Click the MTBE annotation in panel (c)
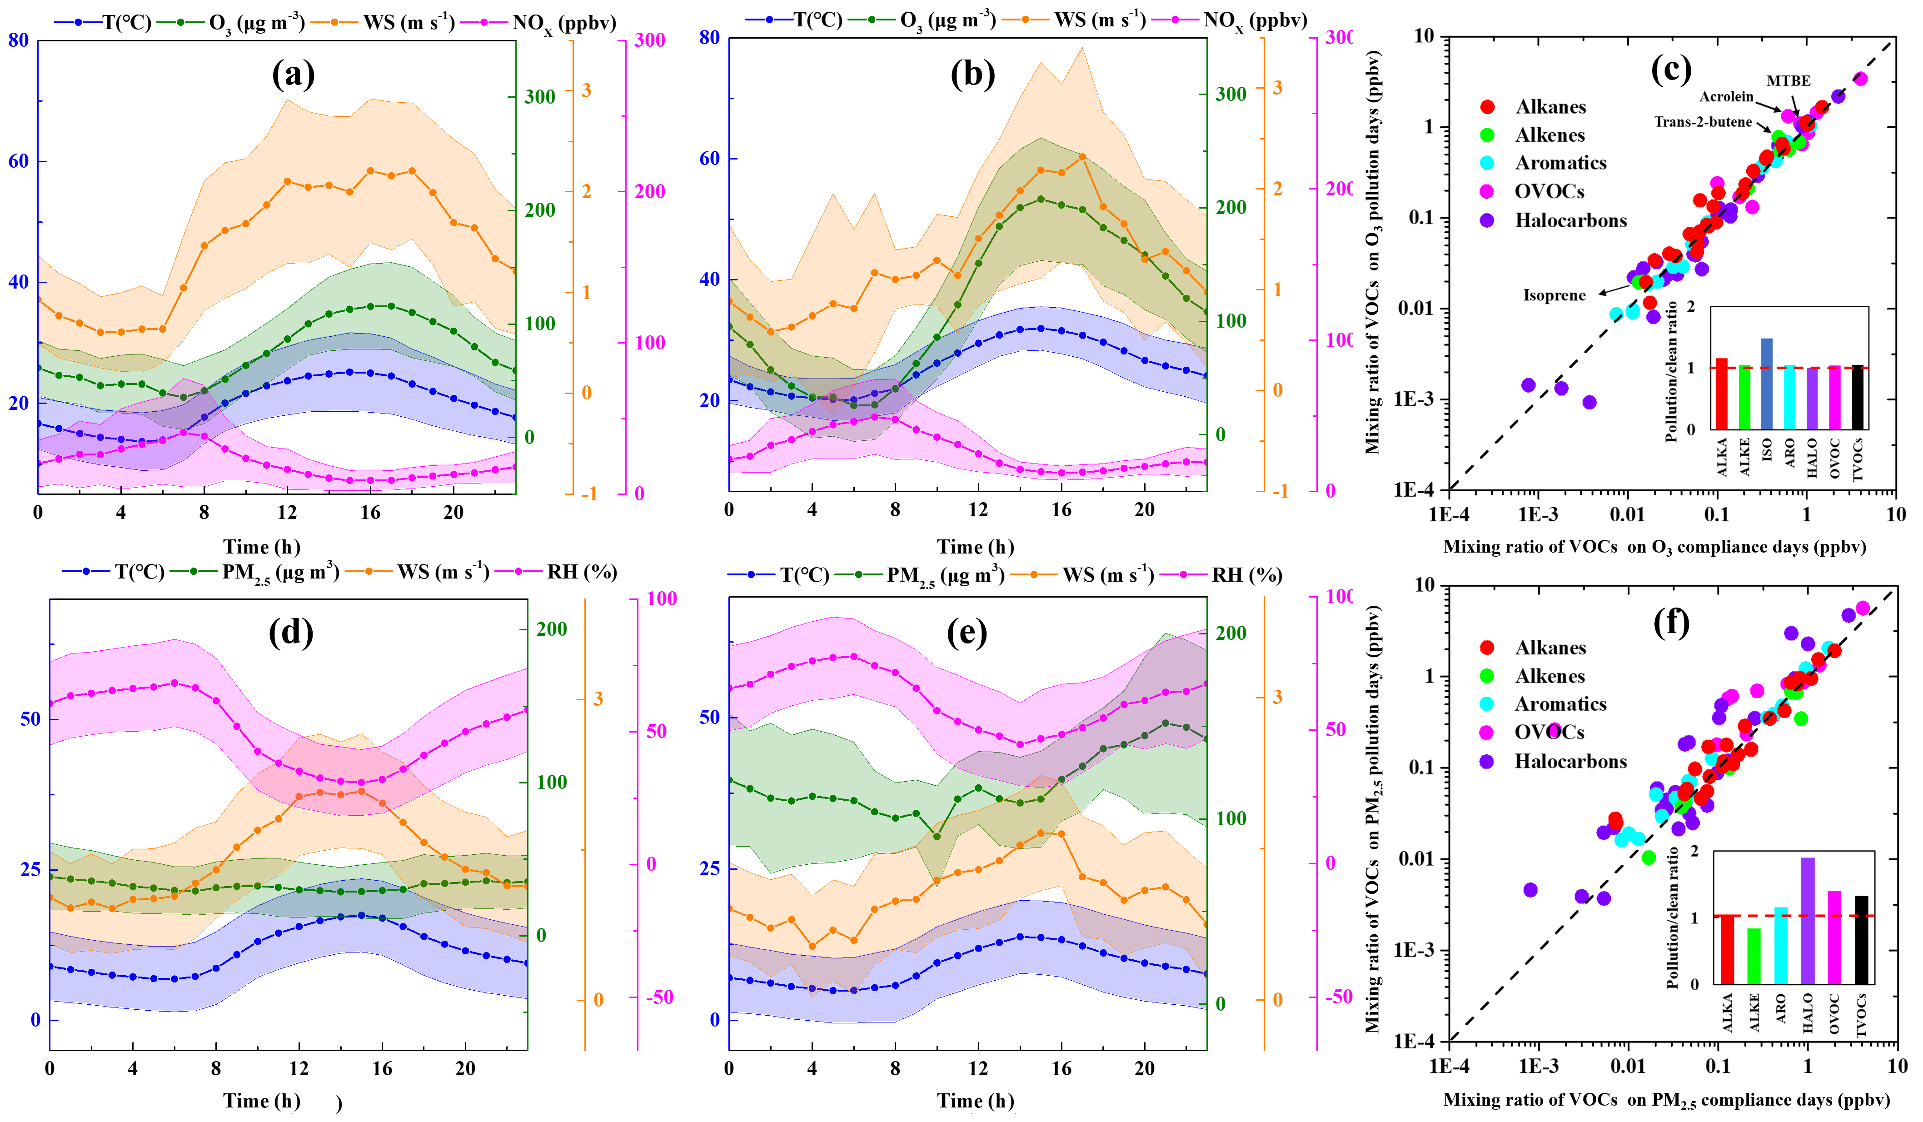pyautogui.click(x=1788, y=81)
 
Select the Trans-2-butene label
pyautogui.click(x=1703, y=122)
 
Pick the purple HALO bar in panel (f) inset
pyautogui.click(x=1808, y=921)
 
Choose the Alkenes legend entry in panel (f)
pyautogui.click(x=1549, y=676)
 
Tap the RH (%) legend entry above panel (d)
pyautogui.click(x=582, y=573)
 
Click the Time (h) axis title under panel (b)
pyautogui.click(x=975, y=547)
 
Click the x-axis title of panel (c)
pyautogui.click(x=1654, y=547)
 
